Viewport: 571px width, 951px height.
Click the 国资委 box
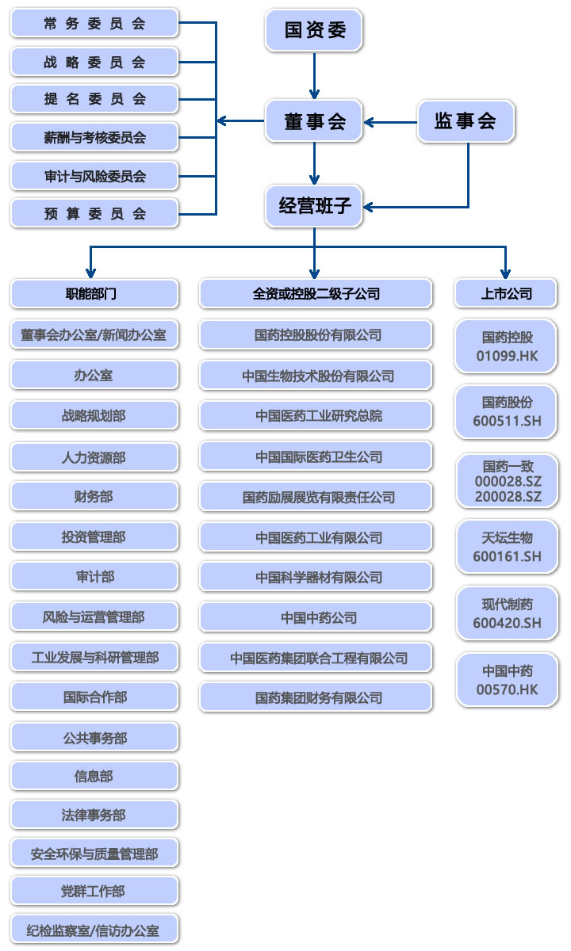click(314, 30)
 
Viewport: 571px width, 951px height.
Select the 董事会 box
click(314, 121)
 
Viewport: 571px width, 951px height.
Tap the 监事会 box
click(466, 121)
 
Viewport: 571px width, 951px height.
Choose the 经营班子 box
click(314, 206)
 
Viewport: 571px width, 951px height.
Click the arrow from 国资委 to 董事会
click(314, 75)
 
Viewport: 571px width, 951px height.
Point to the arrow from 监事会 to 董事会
click(390, 122)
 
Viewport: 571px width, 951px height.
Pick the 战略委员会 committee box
click(94, 62)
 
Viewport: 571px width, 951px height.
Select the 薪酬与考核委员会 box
click(94, 137)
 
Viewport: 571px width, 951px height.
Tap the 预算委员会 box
click(94, 213)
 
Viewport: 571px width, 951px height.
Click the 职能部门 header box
click(94, 293)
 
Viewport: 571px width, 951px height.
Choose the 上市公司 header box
click(506, 293)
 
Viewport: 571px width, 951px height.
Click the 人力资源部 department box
click(94, 457)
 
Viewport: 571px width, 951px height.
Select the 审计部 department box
click(94, 576)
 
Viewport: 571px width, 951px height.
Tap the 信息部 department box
click(94, 776)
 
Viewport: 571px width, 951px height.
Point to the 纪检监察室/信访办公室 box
click(94, 930)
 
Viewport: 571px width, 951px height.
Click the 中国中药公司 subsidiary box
click(316, 617)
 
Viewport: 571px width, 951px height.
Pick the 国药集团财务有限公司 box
click(316, 697)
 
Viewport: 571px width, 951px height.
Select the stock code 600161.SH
click(507, 556)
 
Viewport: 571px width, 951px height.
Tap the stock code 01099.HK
click(507, 356)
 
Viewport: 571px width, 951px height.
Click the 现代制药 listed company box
click(507, 613)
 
